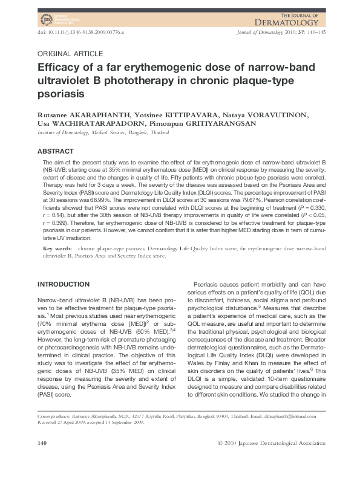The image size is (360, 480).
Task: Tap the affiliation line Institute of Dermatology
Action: click(x=103, y=131)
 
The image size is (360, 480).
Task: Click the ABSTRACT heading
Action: click(x=56, y=151)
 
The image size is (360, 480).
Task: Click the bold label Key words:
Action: click(x=58, y=249)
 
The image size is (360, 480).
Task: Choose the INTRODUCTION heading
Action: click(x=64, y=284)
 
